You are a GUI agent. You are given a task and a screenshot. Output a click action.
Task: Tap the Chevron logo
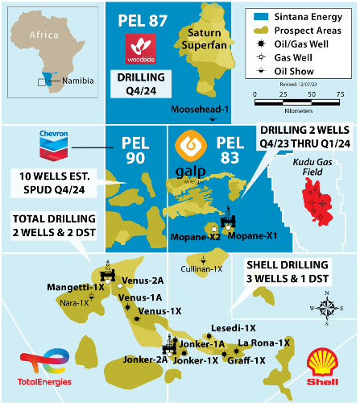(52, 143)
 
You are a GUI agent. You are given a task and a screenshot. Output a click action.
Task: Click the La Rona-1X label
(263, 343)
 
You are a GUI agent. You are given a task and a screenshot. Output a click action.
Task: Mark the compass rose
(325, 306)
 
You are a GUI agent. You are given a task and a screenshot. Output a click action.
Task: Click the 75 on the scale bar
(340, 94)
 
